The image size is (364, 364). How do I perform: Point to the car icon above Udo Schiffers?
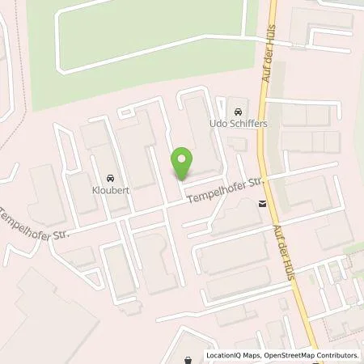pyautogui.click(x=237, y=111)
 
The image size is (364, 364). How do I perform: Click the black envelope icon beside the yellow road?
pyautogui.click(x=262, y=205)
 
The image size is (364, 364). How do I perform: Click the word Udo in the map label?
pyautogui.click(x=218, y=125)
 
